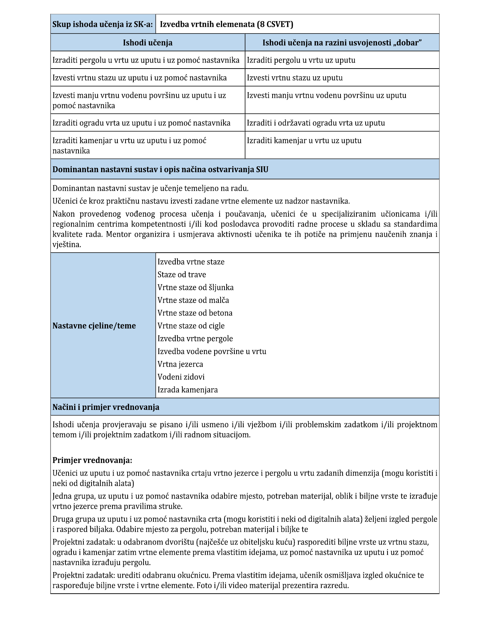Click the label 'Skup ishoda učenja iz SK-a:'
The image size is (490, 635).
point(103,24)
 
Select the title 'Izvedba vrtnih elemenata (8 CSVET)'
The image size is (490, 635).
point(226,24)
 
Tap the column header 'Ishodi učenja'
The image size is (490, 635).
point(147,43)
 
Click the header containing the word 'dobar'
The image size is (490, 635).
point(342,43)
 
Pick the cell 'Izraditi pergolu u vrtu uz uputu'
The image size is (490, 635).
point(301,60)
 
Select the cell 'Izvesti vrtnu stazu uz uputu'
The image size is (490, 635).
point(294,78)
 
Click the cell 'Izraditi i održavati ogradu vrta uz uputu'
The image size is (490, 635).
point(316,123)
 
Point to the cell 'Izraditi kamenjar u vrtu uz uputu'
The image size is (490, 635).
point(304,141)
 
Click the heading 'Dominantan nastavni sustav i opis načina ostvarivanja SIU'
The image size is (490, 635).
point(160,170)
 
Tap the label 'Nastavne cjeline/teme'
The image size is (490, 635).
point(94,326)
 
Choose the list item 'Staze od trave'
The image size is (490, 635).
point(182,275)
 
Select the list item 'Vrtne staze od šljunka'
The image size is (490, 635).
point(196,288)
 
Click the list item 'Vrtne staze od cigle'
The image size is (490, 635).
point(191,326)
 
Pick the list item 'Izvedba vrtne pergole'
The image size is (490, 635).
point(195,339)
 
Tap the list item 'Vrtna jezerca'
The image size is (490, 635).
point(180,364)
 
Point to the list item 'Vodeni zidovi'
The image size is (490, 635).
point(181,377)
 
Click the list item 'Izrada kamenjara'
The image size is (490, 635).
point(188,390)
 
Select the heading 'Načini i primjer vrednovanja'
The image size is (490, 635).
point(106,407)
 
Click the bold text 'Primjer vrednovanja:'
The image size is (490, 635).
point(92,460)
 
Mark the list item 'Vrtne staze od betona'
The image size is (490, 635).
point(195,313)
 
